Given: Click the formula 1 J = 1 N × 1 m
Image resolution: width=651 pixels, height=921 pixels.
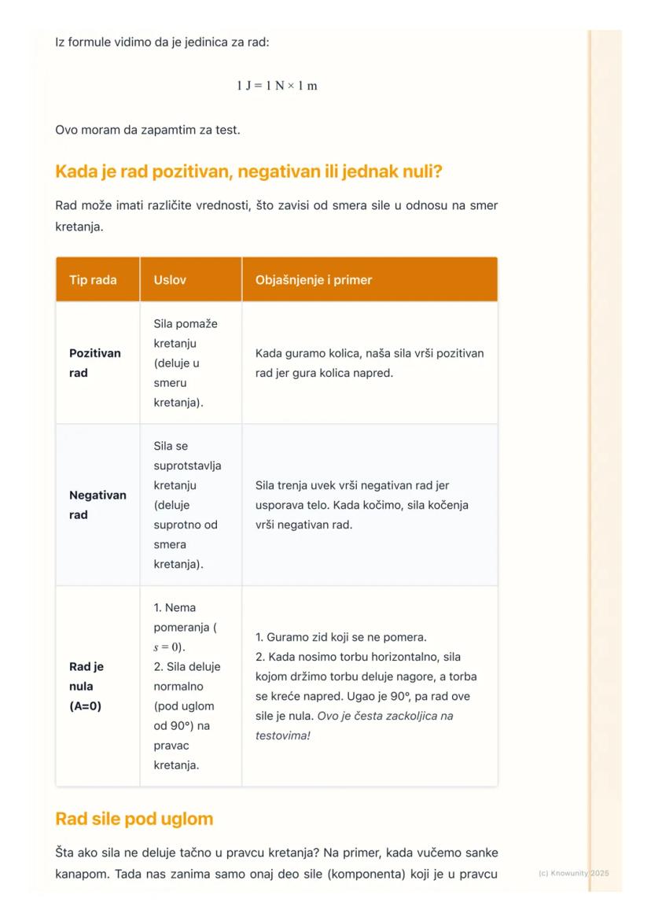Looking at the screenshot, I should coord(277,85).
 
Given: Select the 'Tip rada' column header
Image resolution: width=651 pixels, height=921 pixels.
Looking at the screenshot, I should coord(93,280).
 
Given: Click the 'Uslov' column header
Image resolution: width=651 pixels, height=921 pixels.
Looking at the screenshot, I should coord(171,280).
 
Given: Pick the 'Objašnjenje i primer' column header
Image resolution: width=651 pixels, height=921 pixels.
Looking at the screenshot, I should coord(314,280).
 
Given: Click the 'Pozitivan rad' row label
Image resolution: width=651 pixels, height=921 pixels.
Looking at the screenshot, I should coord(95,363).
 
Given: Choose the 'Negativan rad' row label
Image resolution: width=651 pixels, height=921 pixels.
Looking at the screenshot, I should coord(97,505).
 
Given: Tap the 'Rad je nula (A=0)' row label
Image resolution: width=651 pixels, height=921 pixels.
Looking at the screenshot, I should coord(86,686).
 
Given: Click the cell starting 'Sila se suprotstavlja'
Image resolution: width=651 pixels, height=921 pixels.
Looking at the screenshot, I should coord(187,505).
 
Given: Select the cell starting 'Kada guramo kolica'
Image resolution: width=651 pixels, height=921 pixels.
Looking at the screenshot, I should coord(370,363).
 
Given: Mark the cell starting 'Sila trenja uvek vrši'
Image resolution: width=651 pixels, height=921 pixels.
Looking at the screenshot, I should coord(362,505).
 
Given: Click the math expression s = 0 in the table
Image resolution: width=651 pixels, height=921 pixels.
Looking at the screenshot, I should coord(169,647).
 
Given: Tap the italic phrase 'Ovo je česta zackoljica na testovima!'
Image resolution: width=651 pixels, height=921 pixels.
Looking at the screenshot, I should coord(354,726).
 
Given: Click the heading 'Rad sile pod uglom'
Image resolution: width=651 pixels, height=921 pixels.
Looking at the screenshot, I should coord(134,819).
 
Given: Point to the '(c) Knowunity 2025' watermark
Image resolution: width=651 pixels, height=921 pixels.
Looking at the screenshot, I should coord(574,873).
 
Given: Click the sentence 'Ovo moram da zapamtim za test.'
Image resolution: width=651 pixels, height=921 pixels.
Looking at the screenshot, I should coord(148,130).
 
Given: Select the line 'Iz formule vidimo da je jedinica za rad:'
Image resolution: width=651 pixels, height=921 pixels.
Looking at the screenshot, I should coord(162,42).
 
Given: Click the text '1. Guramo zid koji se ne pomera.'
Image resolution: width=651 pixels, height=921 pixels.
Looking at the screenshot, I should coord(341,636).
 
